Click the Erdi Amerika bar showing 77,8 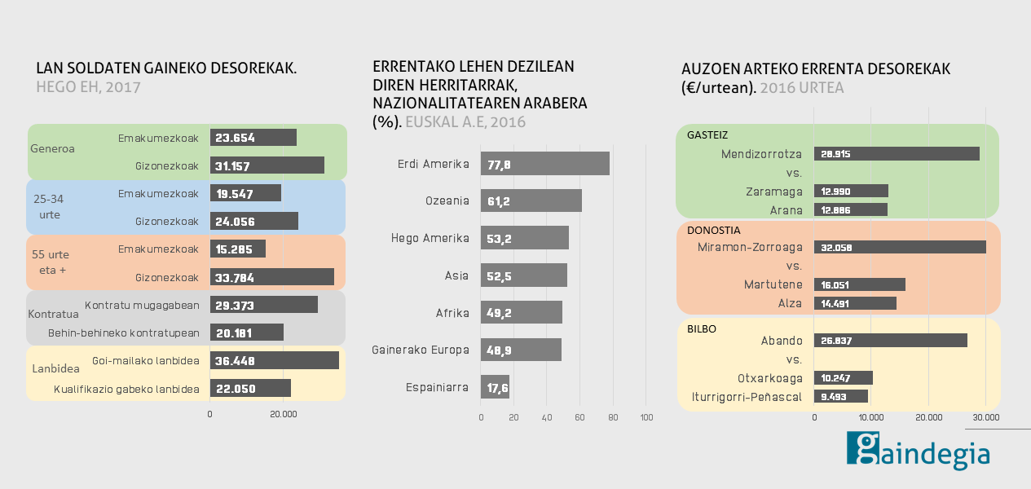(x=544, y=164)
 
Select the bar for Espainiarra (x=495, y=387)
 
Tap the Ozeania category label (x=447, y=200)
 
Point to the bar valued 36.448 (x=274, y=360)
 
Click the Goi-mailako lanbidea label (x=146, y=359)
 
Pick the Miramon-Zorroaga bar (x=899, y=247)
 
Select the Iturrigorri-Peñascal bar (x=840, y=397)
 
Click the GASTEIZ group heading (x=707, y=134)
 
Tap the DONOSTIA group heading (x=714, y=231)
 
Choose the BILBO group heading (x=702, y=328)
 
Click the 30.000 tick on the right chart (x=985, y=417)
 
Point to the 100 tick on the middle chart (x=646, y=418)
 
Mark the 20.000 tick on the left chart (x=283, y=415)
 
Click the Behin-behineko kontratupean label (x=124, y=333)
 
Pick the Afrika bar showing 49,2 (x=521, y=312)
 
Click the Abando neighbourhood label (x=782, y=341)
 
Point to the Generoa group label (x=52, y=149)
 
